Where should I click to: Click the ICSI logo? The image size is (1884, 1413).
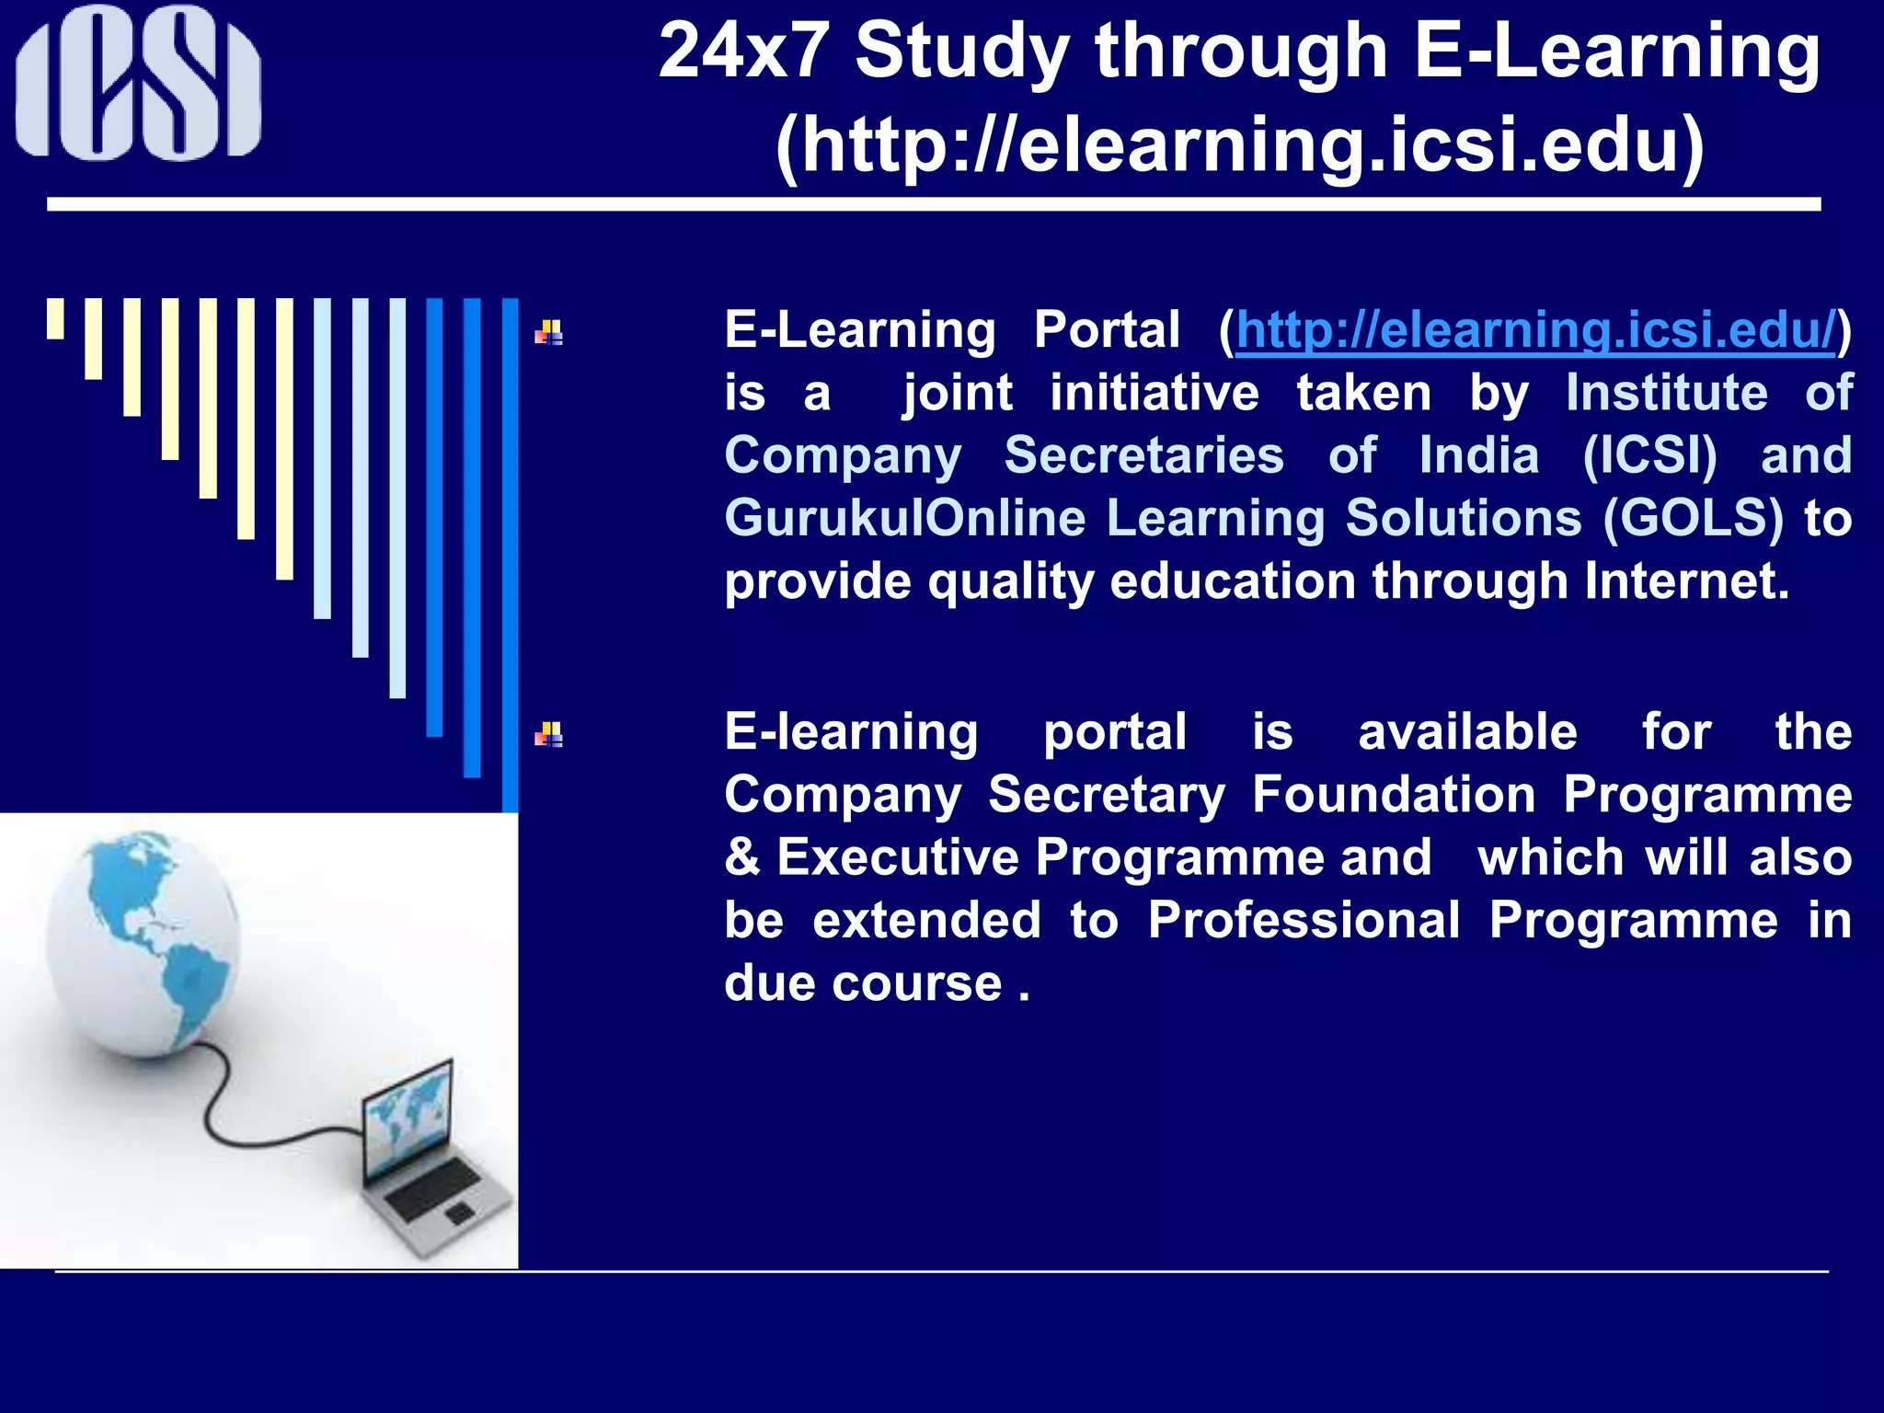pyautogui.click(x=138, y=83)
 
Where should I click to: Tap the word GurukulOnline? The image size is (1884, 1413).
pyautogui.click(x=904, y=519)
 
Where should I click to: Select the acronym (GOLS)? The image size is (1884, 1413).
pyautogui.click(x=1693, y=519)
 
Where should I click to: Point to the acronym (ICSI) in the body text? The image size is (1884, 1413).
pyautogui.click(x=1649, y=456)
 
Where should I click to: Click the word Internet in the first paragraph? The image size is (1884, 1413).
pyautogui.click(x=1686, y=581)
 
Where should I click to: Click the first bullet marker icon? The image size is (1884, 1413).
pyautogui.click(x=549, y=332)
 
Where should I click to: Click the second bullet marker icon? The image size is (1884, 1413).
pyautogui.click(x=549, y=734)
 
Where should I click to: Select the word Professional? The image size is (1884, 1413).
pyautogui.click(x=1304, y=920)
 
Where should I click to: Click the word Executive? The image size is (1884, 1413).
pyautogui.click(x=898, y=857)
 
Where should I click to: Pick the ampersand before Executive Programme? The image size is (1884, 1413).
pyautogui.click(x=741, y=857)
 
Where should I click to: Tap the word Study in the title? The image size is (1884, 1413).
pyautogui.click(x=962, y=53)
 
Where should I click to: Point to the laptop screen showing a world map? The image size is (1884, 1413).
pyautogui.click(x=410, y=1117)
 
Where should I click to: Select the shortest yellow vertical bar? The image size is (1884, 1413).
pyautogui.click(x=55, y=318)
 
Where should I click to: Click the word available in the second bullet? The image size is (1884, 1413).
pyautogui.click(x=1467, y=732)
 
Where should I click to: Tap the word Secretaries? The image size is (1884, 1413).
pyautogui.click(x=1143, y=456)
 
